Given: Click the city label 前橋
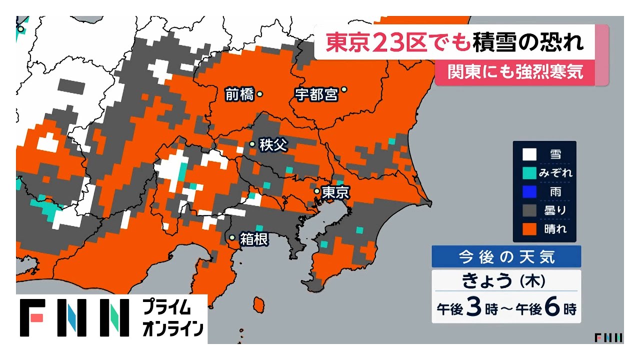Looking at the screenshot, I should point(239,94).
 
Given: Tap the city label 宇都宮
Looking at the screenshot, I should point(316,94).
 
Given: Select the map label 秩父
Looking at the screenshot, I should point(273,145).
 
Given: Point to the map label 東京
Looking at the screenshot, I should point(335,192).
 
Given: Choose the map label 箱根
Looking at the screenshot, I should point(254,239).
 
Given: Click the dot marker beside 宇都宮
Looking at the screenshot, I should point(344,90).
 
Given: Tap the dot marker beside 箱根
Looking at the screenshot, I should point(232,238).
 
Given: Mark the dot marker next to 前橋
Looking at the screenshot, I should point(259,93).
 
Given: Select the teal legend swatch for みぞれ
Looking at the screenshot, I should point(529,173).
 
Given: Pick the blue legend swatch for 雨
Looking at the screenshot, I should point(529,191).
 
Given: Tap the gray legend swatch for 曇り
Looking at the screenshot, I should point(529,210).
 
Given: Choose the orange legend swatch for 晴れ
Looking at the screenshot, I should point(529,228).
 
